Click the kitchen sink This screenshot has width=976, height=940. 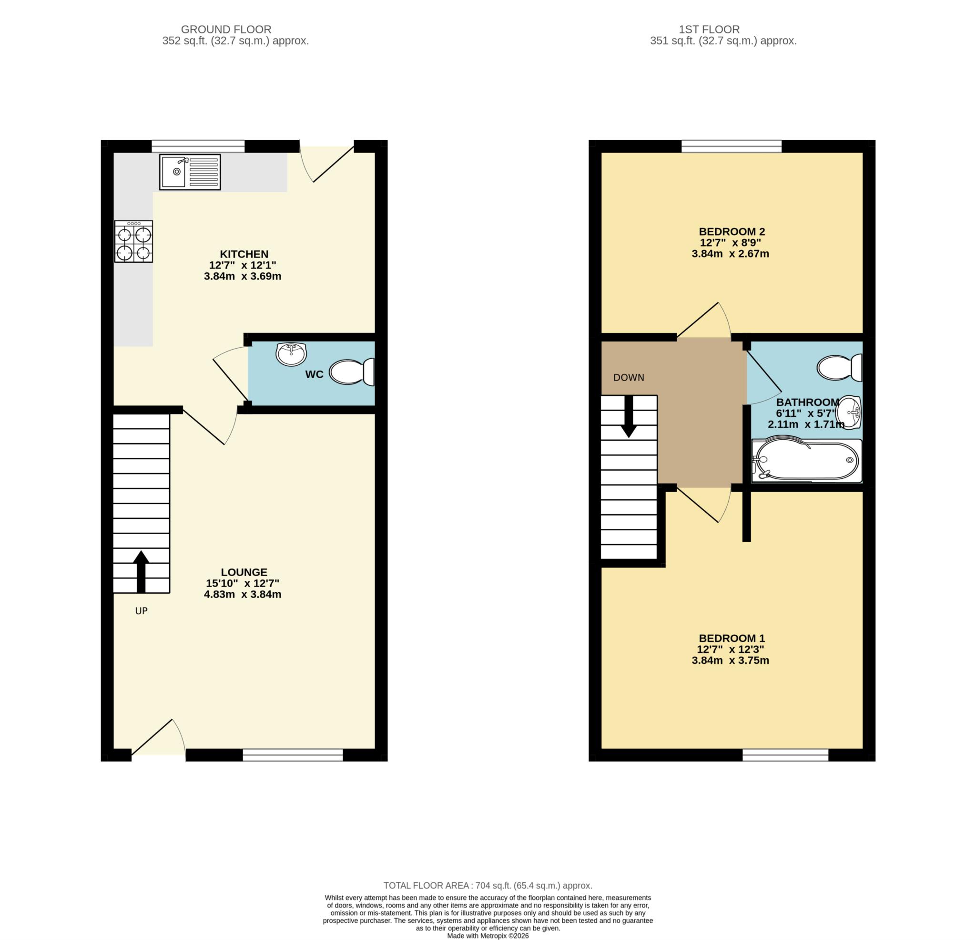click(190, 172)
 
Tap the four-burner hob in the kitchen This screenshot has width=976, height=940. click(133, 241)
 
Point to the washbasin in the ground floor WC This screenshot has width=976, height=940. click(291, 353)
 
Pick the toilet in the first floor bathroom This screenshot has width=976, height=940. click(840, 368)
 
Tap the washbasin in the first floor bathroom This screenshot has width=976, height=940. click(850, 412)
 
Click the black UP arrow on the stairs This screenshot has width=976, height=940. click(142, 572)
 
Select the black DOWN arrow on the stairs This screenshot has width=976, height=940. click(629, 417)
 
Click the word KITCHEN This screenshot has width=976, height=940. click(244, 254)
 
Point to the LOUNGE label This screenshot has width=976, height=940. click(244, 572)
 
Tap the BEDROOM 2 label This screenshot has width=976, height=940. click(732, 231)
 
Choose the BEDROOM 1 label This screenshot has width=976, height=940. click(732, 638)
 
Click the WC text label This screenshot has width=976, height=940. click(314, 374)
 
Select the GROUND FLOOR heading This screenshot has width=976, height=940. click(226, 30)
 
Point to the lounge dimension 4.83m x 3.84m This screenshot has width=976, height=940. click(243, 594)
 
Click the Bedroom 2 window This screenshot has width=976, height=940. click(732, 146)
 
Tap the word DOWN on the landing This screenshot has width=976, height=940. click(629, 377)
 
